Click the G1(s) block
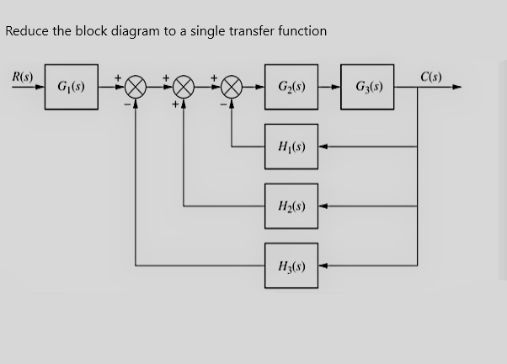click(72, 86)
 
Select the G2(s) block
click(291, 86)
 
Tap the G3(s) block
click(369, 86)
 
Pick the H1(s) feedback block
click(291, 147)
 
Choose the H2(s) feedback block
click(291, 206)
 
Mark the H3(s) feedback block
click(291, 265)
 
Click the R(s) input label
click(22, 76)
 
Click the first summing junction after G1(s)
click(136, 87)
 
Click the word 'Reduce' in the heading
click(27, 31)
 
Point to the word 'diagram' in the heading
click(136, 31)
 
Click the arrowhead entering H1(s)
click(324, 147)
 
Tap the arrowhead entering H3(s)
click(324, 265)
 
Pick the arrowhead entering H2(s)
click(324, 206)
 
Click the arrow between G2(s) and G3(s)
click(330, 86)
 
